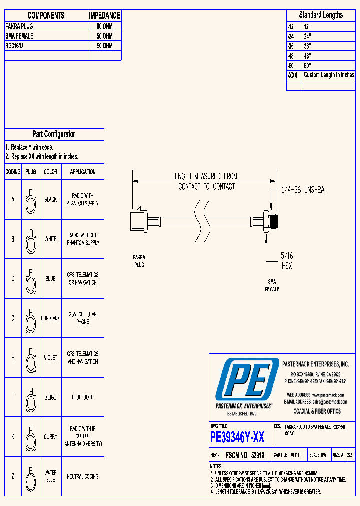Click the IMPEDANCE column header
click(x=104, y=16)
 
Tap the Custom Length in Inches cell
click(x=329, y=75)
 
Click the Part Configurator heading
click(x=54, y=134)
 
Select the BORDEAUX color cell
click(x=50, y=318)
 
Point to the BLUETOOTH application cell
click(x=83, y=397)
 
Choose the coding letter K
click(x=13, y=437)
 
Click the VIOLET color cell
click(x=50, y=358)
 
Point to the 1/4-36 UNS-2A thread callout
click(x=302, y=190)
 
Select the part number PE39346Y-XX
click(x=238, y=438)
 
